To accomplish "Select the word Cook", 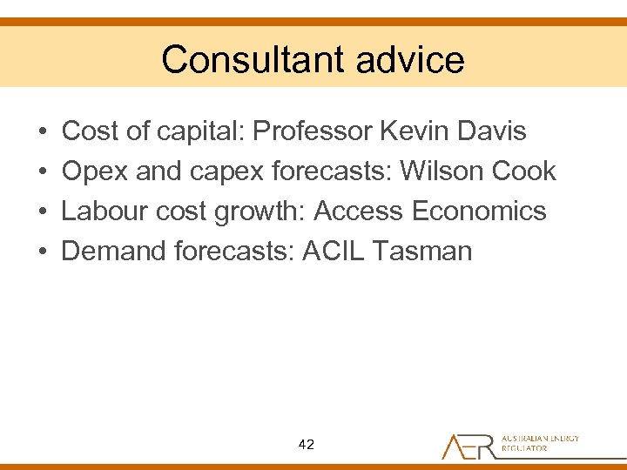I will (523, 171).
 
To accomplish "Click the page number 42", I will (306, 445).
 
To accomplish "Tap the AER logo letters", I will (469, 445).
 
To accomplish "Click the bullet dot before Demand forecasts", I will (43, 252).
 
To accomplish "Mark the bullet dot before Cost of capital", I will (43, 132).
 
